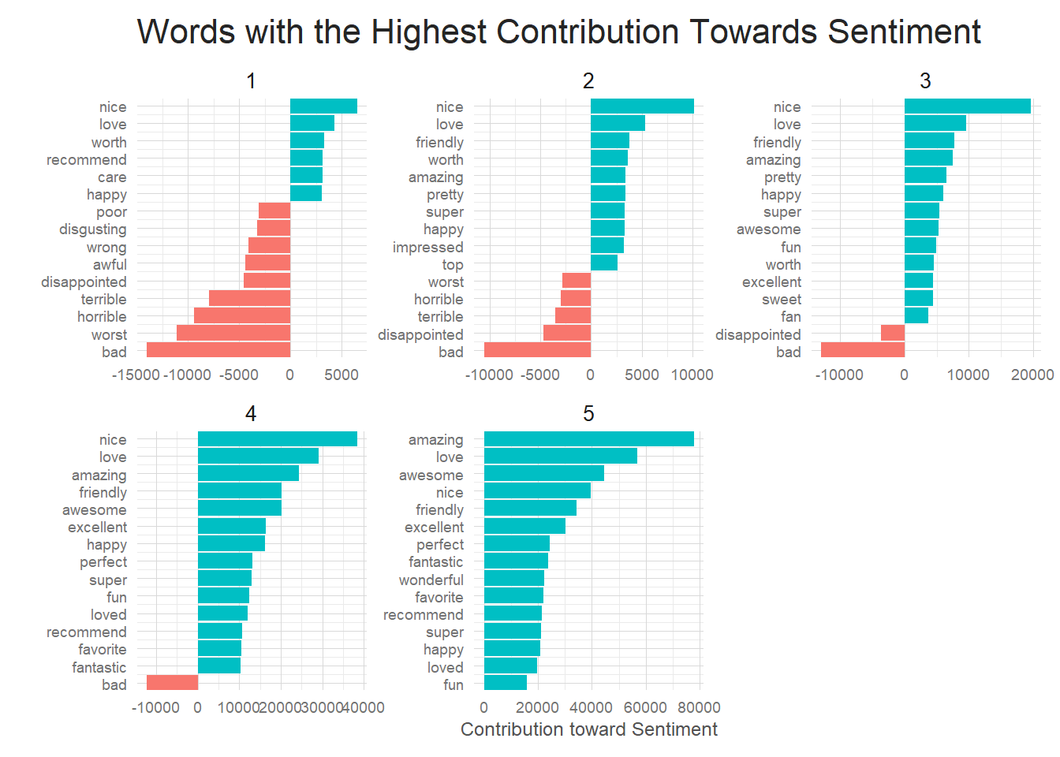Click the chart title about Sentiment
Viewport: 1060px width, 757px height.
click(x=558, y=32)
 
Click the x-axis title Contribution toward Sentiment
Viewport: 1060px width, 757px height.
click(x=588, y=729)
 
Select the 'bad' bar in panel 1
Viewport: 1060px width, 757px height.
click(x=218, y=351)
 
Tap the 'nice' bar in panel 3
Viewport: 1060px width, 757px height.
click(x=967, y=106)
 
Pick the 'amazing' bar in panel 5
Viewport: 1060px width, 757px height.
click(x=588, y=439)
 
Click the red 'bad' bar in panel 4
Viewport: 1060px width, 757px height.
click(x=172, y=683)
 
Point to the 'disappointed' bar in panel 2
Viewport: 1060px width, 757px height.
click(x=566, y=334)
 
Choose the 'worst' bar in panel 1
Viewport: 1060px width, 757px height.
click(x=233, y=334)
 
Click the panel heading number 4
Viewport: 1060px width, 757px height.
click(x=251, y=414)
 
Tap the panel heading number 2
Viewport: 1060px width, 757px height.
click(x=588, y=81)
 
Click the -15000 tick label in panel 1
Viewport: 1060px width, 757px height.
click(x=136, y=375)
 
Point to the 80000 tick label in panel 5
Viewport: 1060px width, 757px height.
click(x=699, y=707)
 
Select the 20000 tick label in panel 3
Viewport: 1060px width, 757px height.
click(x=1032, y=375)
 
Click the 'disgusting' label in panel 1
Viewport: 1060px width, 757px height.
click(x=92, y=229)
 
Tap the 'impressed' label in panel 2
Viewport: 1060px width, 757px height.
click(x=427, y=248)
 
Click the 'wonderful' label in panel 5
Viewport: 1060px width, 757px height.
click(x=431, y=580)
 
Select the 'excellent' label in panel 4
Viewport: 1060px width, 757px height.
click(x=97, y=528)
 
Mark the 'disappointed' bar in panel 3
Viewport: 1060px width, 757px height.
click(x=892, y=334)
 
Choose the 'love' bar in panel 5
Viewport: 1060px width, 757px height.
click(x=560, y=457)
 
